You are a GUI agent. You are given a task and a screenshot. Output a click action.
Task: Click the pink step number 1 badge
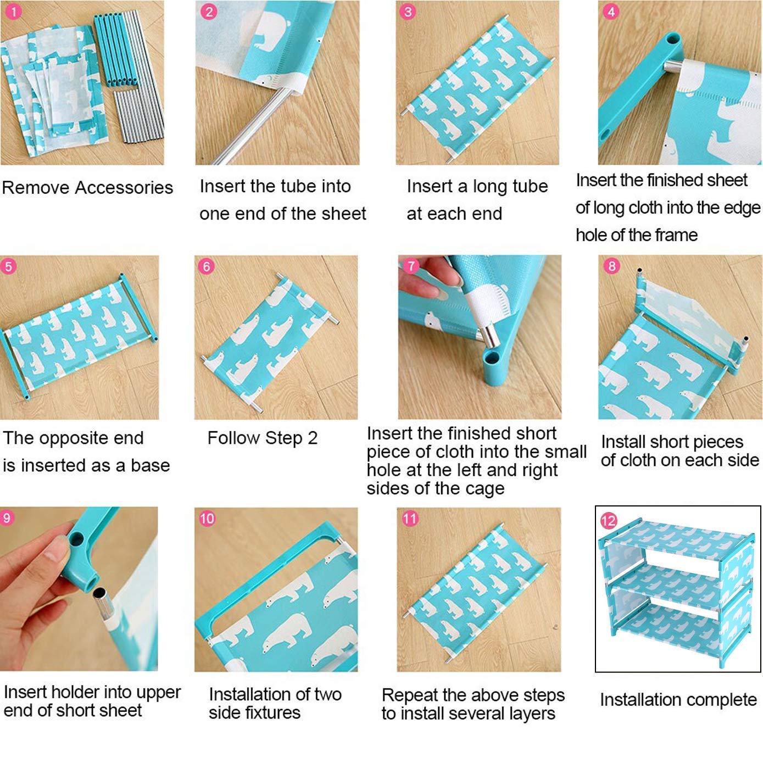click(x=13, y=12)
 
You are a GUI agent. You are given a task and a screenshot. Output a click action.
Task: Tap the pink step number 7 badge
click(x=411, y=266)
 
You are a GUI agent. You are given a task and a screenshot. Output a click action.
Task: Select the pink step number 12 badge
click(x=609, y=521)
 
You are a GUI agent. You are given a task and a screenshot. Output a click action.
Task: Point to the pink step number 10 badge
click(x=207, y=519)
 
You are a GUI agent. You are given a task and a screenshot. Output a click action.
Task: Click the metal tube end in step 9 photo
click(x=99, y=594)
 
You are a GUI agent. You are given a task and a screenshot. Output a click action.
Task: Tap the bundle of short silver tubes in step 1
click(x=139, y=115)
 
